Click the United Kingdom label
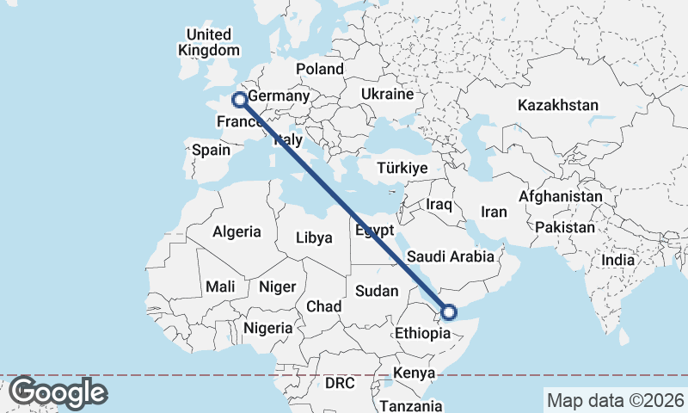click(209, 42)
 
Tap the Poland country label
click(319, 70)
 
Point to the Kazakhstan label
click(557, 105)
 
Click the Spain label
click(211, 150)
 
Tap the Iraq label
click(439, 204)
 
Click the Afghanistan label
click(561, 196)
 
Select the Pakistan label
click(564, 227)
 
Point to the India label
click(618, 259)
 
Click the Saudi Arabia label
click(451, 256)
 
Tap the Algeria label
click(236, 231)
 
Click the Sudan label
click(376, 291)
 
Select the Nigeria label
click(268, 328)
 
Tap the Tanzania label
click(410, 405)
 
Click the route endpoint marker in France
click(240, 100)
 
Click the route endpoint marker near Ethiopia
click(448, 311)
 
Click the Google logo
click(57, 393)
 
